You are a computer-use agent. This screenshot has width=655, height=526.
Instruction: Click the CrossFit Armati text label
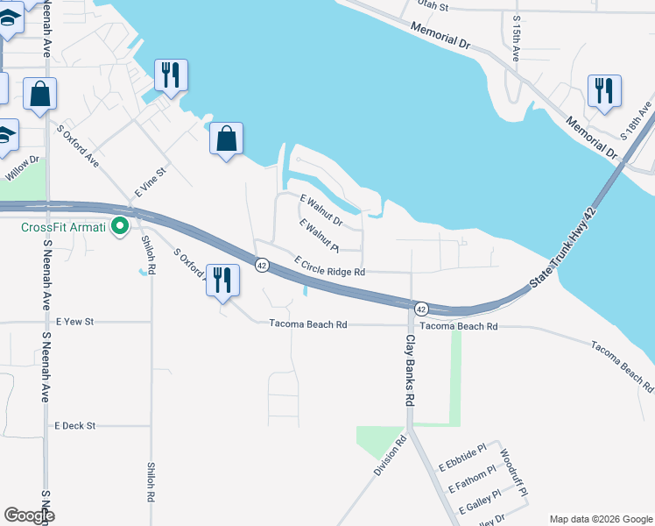63,228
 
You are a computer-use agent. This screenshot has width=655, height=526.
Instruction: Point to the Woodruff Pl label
514,473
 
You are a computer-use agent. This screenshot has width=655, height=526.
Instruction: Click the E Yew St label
74,323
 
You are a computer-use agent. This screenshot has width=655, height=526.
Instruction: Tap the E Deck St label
74,425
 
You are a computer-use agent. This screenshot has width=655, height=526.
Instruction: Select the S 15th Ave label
517,37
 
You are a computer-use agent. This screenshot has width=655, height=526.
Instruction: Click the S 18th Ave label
637,122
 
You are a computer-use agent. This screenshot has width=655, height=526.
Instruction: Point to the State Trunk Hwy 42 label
567,250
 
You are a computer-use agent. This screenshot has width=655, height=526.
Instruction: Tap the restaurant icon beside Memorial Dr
604,90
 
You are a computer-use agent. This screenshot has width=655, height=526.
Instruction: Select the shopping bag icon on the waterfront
227,139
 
